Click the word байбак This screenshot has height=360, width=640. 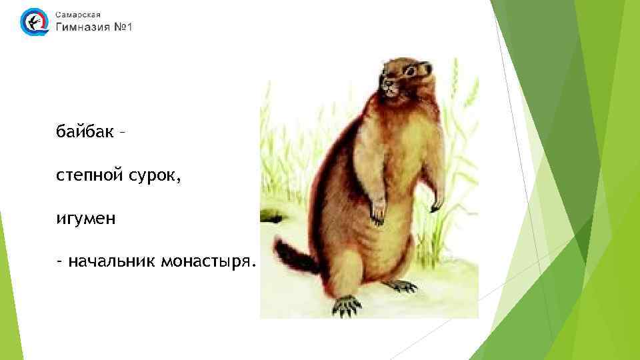(x=84, y=131)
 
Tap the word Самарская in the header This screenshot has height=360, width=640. (x=79, y=14)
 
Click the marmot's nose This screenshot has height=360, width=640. (x=383, y=85)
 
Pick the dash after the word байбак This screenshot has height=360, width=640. (x=121, y=131)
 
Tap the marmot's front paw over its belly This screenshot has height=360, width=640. (x=378, y=210)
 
